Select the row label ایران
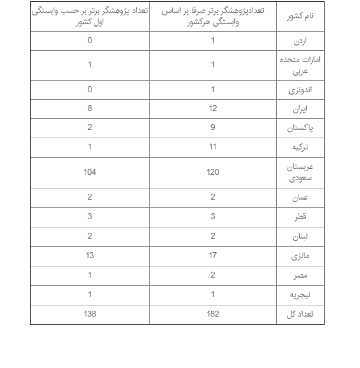point(300,109)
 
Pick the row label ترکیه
point(300,146)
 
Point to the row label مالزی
point(300,256)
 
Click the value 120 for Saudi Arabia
point(212,172)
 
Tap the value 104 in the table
point(90,172)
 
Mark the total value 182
point(212,314)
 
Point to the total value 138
point(90,314)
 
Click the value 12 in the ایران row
point(212,108)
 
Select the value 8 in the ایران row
point(90,108)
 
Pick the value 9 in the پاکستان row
point(212,127)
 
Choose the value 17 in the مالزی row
point(212,256)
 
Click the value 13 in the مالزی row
point(90,256)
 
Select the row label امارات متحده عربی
point(300,65)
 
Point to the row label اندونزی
point(300,90)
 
